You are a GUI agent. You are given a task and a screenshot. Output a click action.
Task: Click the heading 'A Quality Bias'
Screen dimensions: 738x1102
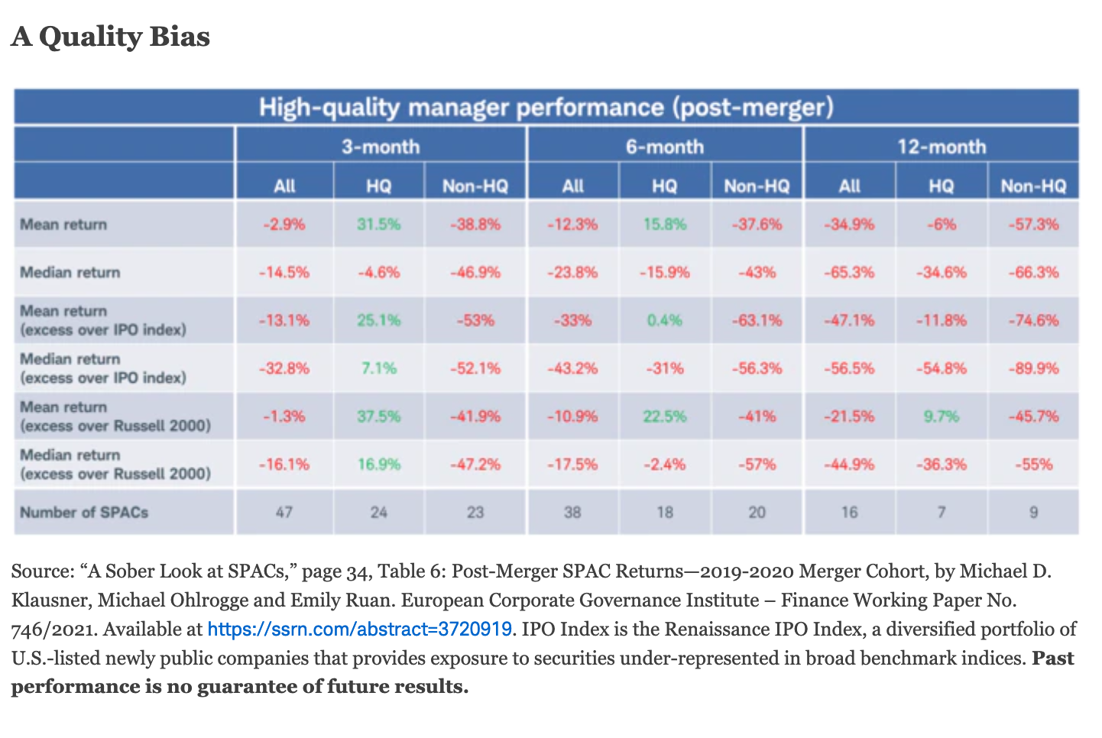click(x=111, y=36)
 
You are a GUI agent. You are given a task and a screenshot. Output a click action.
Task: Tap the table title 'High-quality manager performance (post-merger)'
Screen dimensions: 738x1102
click(x=546, y=107)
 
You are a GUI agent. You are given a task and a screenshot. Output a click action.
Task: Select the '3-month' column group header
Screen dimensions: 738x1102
click(x=380, y=146)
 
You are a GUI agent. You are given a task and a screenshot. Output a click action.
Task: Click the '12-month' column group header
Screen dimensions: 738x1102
click(x=941, y=146)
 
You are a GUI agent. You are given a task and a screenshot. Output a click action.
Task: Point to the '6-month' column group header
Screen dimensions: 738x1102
click(x=664, y=146)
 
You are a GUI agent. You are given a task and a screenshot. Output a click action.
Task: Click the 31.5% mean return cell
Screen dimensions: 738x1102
click(x=378, y=224)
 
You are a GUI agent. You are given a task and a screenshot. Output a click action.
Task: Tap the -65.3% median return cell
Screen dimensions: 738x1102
click(x=849, y=272)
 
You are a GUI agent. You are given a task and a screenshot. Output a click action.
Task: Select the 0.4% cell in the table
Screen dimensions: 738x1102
click(x=664, y=320)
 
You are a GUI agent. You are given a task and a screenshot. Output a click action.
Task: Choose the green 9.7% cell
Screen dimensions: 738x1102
click(x=941, y=416)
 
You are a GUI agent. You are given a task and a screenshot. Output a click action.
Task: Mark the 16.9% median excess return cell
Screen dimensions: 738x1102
click(x=378, y=464)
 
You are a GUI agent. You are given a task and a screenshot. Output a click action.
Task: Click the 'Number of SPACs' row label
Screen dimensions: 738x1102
click(x=84, y=512)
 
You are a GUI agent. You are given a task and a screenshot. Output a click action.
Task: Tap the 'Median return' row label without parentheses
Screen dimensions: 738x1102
click(x=70, y=272)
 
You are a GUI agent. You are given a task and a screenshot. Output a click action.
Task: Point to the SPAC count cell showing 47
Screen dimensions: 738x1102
click(x=284, y=512)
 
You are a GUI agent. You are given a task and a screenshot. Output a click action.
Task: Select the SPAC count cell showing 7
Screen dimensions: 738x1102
click(x=941, y=512)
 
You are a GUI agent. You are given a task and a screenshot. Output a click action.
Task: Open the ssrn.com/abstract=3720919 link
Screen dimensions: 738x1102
click(x=359, y=630)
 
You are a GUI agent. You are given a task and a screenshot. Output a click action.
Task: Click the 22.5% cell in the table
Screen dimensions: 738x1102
click(x=664, y=416)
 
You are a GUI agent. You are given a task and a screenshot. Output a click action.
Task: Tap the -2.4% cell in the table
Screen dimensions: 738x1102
click(x=664, y=464)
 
